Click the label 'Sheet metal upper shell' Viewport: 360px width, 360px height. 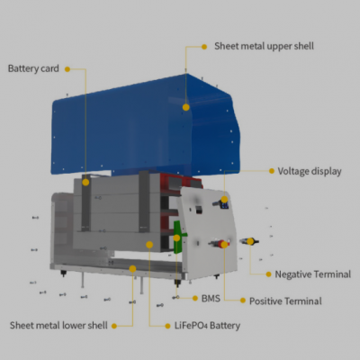tap(264, 46)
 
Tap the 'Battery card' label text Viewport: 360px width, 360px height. tap(33, 68)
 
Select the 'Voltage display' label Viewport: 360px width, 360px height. tap(310, 171)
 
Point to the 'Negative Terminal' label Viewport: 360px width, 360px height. tap(313, 274)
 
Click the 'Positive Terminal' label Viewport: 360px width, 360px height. tap(285, 301)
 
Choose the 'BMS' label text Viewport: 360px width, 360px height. tap(211, 299)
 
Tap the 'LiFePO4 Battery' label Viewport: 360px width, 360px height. tap(207, 326)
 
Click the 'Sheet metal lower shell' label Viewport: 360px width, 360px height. tap(58, 326)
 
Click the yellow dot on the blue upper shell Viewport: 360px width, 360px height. tap(186, 107)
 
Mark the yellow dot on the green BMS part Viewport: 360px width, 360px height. tap(176, 238)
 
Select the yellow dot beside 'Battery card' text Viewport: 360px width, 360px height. tap(67, 69)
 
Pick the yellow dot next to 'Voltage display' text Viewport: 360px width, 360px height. tap(272, 171)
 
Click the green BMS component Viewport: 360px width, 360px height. tap(179, 237)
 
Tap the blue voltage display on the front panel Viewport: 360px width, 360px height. tap(225, 204)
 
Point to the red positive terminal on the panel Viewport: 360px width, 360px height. tap(221, 243)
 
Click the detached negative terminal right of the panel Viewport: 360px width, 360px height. tap(249, 241)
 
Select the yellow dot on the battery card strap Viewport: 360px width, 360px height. tap(85, 182)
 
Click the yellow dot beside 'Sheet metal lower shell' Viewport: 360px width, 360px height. tap(114, 326)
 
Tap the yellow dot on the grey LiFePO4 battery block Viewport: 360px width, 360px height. tap(149, 245)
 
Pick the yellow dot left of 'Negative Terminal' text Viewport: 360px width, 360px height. tap(269, 274)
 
